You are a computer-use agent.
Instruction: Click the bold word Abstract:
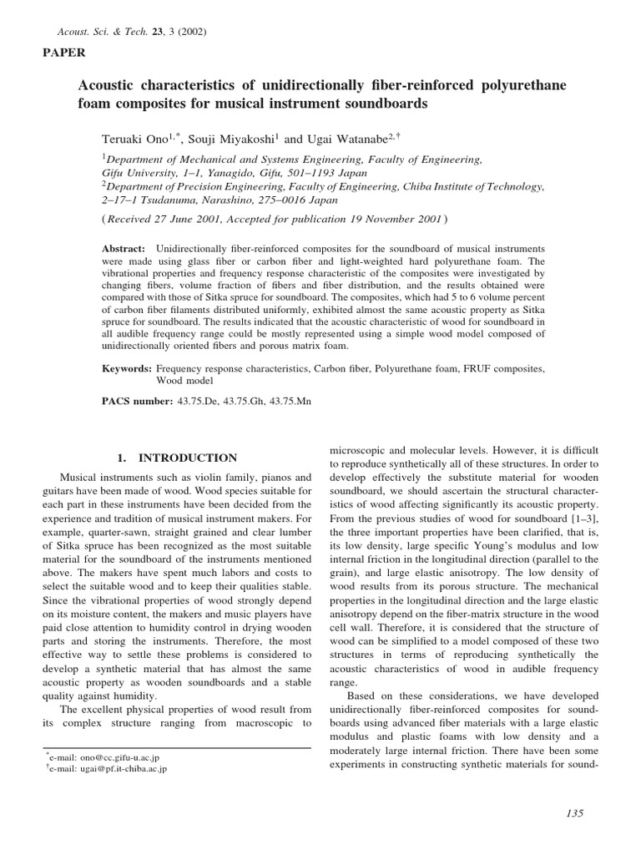click(124, 250)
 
